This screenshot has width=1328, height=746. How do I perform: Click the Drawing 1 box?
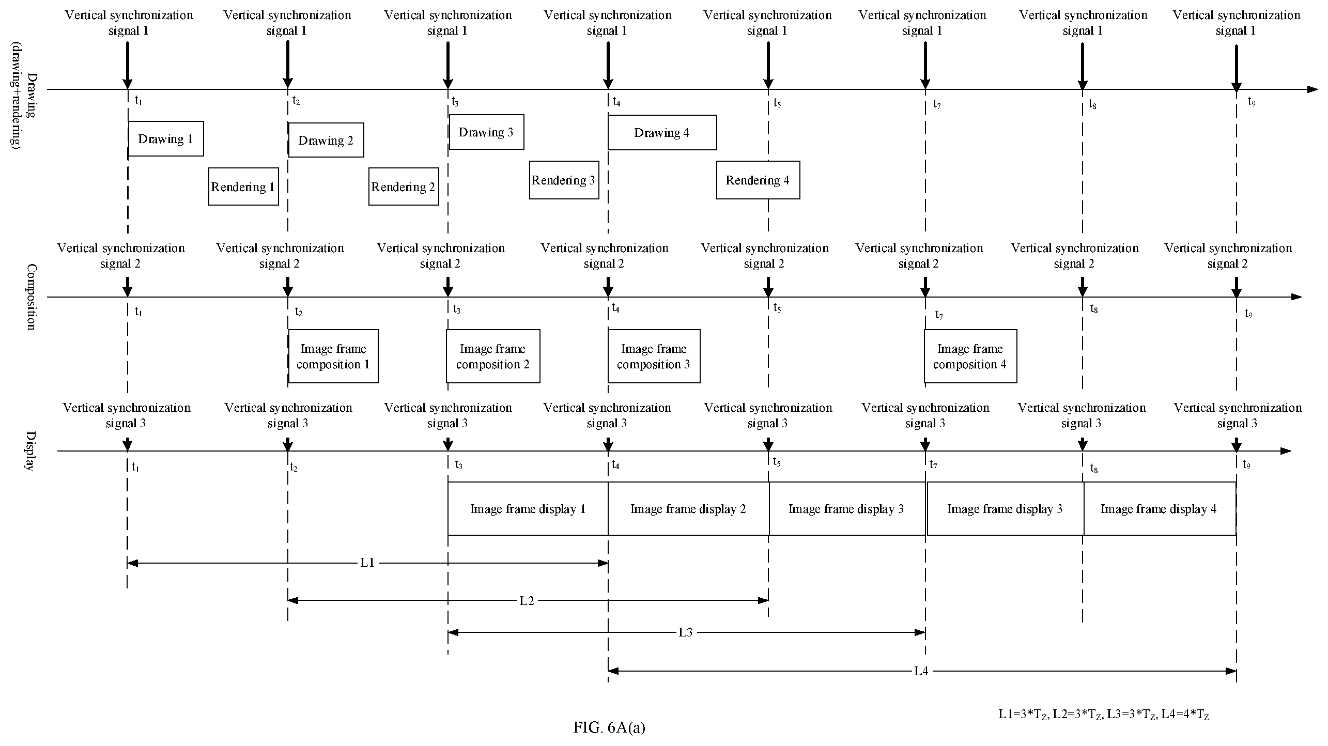tap(166, 138)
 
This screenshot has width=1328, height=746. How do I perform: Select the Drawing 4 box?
tap(662, 132)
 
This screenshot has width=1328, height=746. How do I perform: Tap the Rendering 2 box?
tap(404, 186)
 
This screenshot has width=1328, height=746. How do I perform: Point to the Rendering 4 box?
tap(758, 180)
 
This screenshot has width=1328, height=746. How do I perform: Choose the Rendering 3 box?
tap(564, 180)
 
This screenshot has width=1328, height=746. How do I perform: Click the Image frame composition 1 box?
tap(333, 356)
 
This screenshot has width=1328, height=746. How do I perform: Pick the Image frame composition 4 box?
tap(970, 356)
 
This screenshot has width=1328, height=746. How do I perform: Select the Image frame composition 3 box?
tap(654, 356)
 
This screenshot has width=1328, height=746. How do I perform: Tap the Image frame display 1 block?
tap(528, 508)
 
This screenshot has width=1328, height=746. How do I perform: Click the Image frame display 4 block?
tap(1160, 508)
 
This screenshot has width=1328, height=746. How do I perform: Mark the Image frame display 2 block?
tap(688, 508)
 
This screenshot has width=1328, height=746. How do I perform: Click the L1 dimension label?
tap(367, 563)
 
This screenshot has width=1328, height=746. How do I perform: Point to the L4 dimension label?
tap(921, 671)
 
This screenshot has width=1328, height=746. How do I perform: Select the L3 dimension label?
tap(686, 632)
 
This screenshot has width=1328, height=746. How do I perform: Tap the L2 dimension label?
tap(527, 600)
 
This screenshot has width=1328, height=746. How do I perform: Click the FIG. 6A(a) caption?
tap(609, 727)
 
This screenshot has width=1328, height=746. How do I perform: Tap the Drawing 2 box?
tap(326, 140)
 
